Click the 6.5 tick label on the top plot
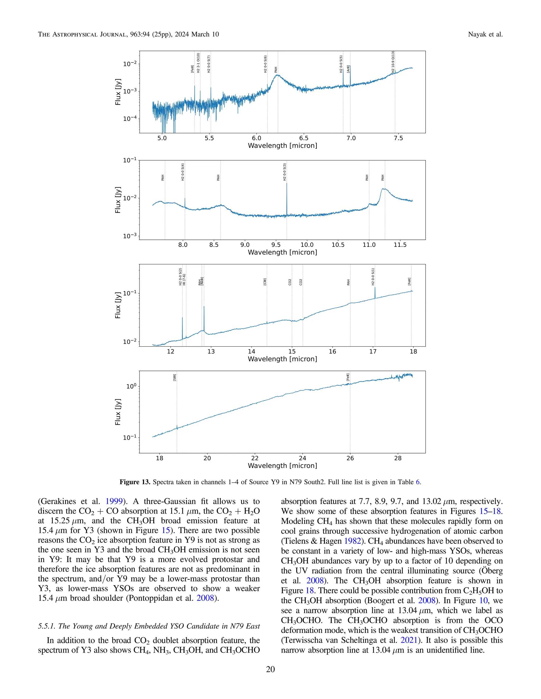304,138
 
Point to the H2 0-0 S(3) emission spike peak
287,183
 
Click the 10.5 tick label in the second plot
338,245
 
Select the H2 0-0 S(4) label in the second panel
183,172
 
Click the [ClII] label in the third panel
265,282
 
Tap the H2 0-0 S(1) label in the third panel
373,276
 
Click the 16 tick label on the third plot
332,351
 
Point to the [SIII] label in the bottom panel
174,377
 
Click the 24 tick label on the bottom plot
302,458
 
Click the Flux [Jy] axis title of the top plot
118,92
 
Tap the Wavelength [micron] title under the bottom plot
282,466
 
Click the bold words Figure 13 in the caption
135,482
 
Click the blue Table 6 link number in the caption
418,482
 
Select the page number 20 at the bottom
270,669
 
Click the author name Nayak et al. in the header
485,34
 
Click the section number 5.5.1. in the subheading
47,626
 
